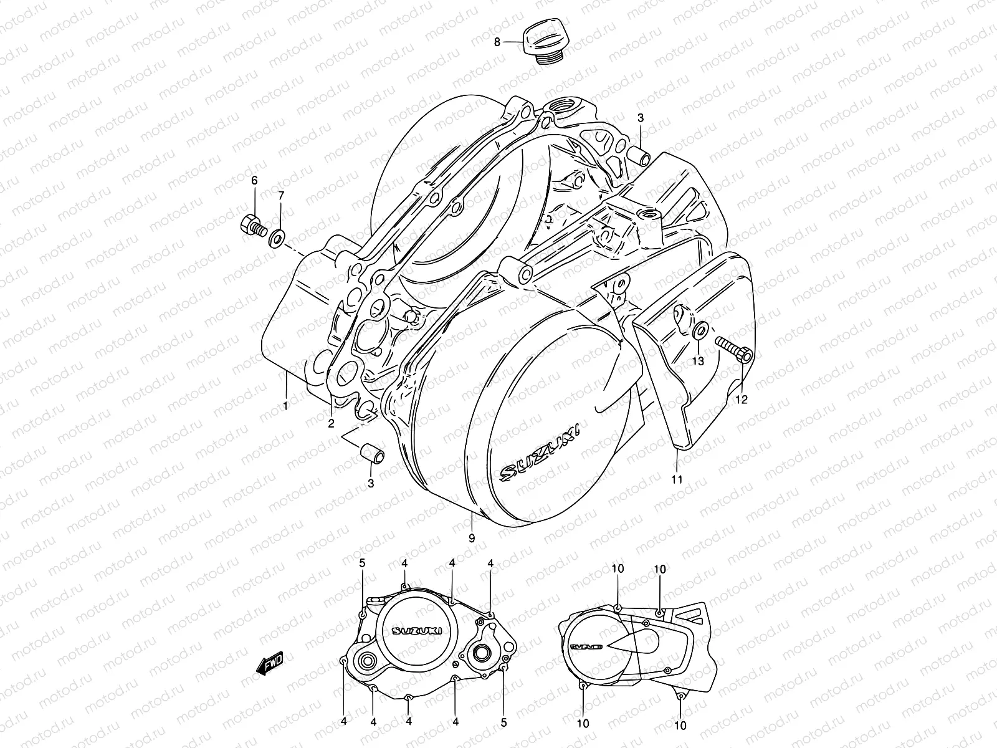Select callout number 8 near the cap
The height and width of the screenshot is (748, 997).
pyautogui.click(x=497, y=42)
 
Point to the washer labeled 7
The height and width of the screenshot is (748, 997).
pyautogui.click(x=277, y=237)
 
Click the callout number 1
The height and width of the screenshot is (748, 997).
pyautogui.click(x=285, y=406)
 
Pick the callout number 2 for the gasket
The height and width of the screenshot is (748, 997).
pyautogui.click(x=332, y=423)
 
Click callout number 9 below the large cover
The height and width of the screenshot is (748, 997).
pyautogui.click(x=472, y=537)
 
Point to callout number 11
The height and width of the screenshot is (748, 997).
pyautogui.click(x=677, y=479)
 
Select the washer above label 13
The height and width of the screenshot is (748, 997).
pyautogui.click(x=699, y=330)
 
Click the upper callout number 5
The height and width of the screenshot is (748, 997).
pyautogui.click(x=362, y=563)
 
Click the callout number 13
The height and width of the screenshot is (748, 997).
pyautogui.click(x=699, y=361)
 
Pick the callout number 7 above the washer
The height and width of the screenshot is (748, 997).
pyautogui.click(x=280, y=196)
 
